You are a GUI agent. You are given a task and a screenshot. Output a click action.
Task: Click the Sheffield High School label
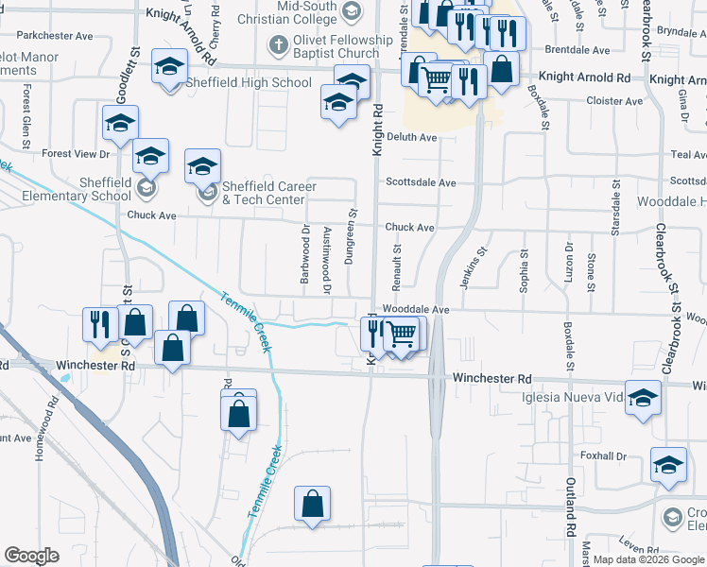[251, 82]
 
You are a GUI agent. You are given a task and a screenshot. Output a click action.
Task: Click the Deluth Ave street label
[411, 137]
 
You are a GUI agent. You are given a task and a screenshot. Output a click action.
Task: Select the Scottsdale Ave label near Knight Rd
[421, 182]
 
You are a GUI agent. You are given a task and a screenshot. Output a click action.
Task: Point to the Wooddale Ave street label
[415, 309]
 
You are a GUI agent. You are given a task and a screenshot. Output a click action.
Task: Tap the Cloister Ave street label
[614, 101]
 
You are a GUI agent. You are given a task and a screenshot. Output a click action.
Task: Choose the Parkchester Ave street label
[55, 36]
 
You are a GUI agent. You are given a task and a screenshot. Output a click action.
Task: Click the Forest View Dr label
[76, 153]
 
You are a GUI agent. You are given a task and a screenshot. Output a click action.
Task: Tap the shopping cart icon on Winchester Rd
[403, 333]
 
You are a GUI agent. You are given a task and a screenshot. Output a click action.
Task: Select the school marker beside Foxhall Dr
[668, 464]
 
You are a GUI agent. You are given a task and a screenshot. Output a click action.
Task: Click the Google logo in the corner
[31, 556]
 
